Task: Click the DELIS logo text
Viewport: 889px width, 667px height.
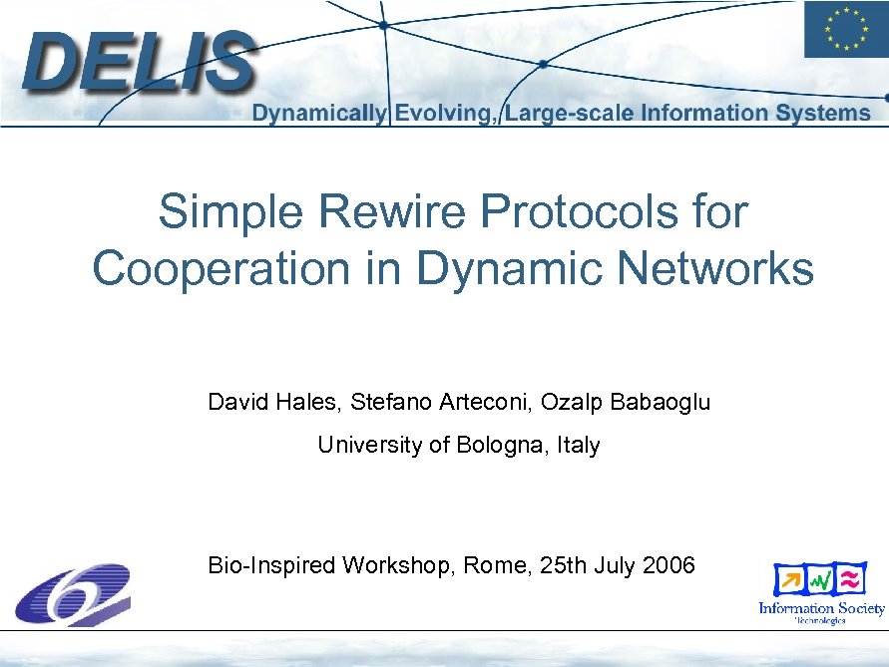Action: pyautogui.click(x=140, y=62)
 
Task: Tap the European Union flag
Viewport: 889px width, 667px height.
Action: pyautogui.click(x=844, y=30)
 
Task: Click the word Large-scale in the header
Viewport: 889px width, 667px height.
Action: pyautogui.click(x=569, y=114)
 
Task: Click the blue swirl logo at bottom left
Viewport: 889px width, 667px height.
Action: pyautogui.click(x=72, y=594)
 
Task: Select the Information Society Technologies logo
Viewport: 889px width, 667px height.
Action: pyautogui.click(x=821, y=594)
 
